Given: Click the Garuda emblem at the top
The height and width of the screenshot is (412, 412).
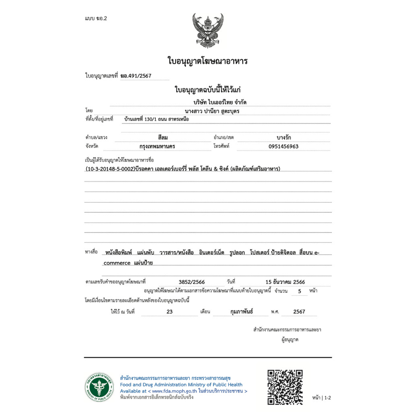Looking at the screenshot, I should click(x=208, y=31).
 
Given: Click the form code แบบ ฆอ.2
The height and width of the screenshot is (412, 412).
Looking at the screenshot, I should click(x=96, y=19).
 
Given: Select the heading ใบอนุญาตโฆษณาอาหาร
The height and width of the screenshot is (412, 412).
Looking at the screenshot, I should click(x=207, y=61).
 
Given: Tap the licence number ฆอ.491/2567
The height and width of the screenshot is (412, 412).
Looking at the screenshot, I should click(x=136, y=76).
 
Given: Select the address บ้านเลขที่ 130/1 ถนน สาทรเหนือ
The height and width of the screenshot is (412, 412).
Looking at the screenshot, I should click(x=157, y=119).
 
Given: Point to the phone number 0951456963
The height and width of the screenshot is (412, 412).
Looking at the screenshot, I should click(x=283, y=146).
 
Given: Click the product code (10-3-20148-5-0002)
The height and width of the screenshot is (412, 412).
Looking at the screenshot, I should click(x=111, y=169).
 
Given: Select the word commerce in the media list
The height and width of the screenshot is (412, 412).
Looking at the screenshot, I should click(x=117, y=263).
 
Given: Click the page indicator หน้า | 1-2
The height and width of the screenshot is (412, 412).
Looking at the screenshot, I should click(x=321, y=398).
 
